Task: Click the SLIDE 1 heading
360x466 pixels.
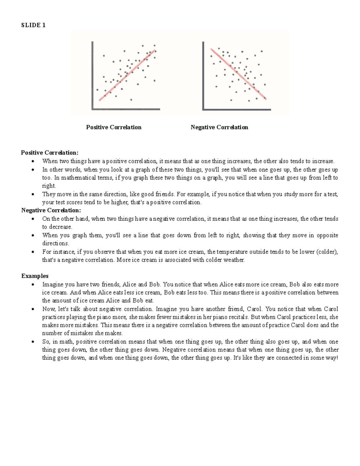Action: coord(33,25)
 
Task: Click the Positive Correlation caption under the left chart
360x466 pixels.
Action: coord(114,127)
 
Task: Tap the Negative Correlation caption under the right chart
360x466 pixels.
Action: coord(219,127)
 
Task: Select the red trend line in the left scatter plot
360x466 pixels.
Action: coord(127,75)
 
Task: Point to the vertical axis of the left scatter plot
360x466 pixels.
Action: coord(92,75)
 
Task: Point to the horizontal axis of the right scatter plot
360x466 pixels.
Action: coord(237,110)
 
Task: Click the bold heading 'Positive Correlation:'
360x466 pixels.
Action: coord(49,153)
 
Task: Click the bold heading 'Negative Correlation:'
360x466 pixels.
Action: coord(51,210)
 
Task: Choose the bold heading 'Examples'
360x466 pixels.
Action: coord(35,276)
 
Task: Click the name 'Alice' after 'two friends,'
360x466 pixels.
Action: coord(129,284)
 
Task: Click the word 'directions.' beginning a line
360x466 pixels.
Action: coord(55,243)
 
